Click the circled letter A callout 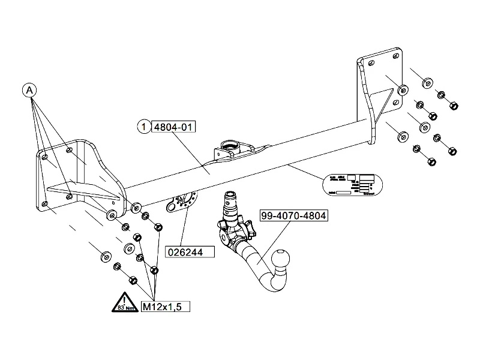(x=30, y=90)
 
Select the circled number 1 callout (x=144, y=127)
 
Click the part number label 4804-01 (x=175, y=127)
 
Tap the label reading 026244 (x=191, y=253)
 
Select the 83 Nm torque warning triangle (x=123, y=304)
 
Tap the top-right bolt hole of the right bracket (x=394, y=57)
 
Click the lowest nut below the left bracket (x=133, y=280)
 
